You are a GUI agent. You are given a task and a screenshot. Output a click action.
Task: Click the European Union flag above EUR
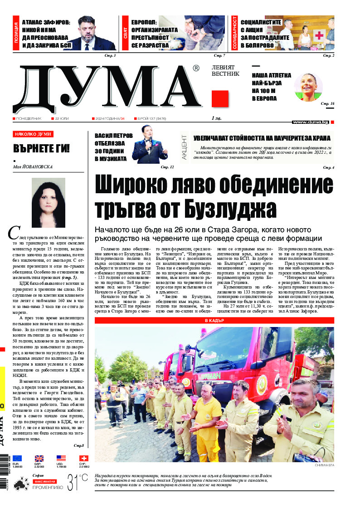point(17,458)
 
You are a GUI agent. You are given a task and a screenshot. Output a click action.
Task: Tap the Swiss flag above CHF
point(84,458)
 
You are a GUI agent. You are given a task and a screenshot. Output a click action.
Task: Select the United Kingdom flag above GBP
point(39,458)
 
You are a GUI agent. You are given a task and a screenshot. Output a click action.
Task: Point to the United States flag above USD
point(61,458)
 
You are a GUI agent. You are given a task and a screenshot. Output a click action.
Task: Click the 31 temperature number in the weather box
point(73,481)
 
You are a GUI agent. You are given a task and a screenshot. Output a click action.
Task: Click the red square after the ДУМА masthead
point(220,99)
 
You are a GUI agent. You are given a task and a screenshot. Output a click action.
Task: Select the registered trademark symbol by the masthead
point(196,68)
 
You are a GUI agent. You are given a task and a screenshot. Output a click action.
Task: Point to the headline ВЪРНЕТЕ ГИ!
point(41,149)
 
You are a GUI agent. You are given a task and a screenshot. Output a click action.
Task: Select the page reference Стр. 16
point(327,104)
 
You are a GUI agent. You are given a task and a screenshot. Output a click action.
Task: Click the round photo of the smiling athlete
point(309,87)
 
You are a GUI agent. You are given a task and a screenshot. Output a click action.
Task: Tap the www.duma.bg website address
point(310,122)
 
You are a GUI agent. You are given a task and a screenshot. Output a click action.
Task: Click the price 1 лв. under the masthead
point(217,118)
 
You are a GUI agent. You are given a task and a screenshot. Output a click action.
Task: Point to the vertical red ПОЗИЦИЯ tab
point(16,35)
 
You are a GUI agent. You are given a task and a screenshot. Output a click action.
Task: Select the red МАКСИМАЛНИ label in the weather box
point(44,481)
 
